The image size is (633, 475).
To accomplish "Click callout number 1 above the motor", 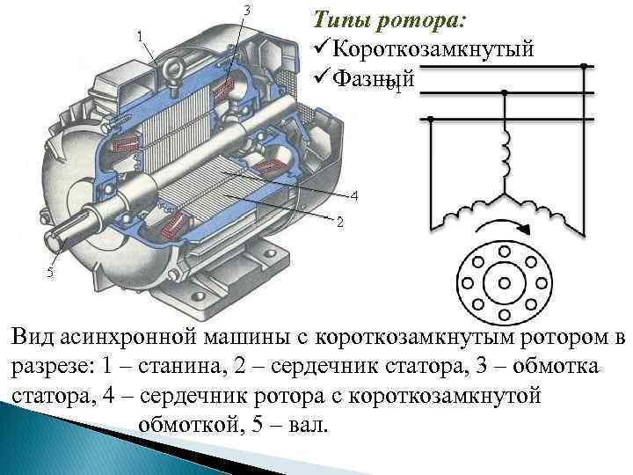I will click(142, 34).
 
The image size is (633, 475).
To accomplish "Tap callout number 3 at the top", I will click(246, 10).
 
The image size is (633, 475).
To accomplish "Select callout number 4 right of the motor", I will click(353, 194).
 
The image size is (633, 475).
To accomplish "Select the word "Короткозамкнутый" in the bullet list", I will click(433, 48).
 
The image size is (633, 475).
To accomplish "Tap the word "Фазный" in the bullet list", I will click(373, 77).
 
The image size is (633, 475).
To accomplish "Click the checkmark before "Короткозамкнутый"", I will click(319, 48).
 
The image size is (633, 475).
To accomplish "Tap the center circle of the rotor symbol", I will click(505, 283).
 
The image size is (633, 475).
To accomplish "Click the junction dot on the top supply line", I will click(582, 66).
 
